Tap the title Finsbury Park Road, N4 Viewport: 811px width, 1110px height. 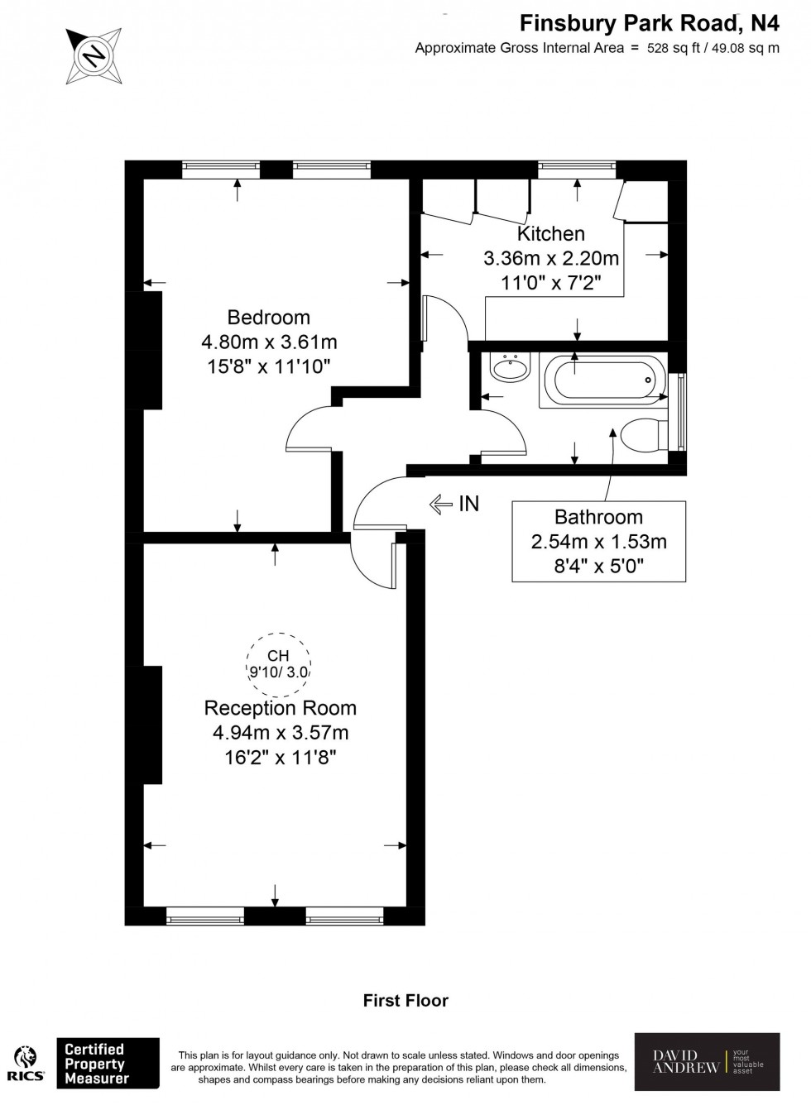pos(650,24)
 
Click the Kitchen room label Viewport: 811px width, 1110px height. pos(550,234)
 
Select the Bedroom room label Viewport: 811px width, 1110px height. pos(269,317)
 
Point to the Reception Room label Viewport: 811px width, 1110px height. pos(281,708)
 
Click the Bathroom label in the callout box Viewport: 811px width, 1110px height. pos(598,518)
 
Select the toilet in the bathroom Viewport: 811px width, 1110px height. pos(645,434)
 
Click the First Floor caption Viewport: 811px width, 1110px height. pos(405,1001)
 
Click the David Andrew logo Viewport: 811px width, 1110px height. pos(707,1062)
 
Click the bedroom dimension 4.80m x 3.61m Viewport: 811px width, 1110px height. pos(269,342)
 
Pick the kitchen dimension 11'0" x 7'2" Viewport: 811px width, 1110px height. pos(550,282)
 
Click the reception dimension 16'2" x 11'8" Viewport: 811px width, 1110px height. pos(281,757)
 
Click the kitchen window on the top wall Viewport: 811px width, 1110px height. pos(578,169)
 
